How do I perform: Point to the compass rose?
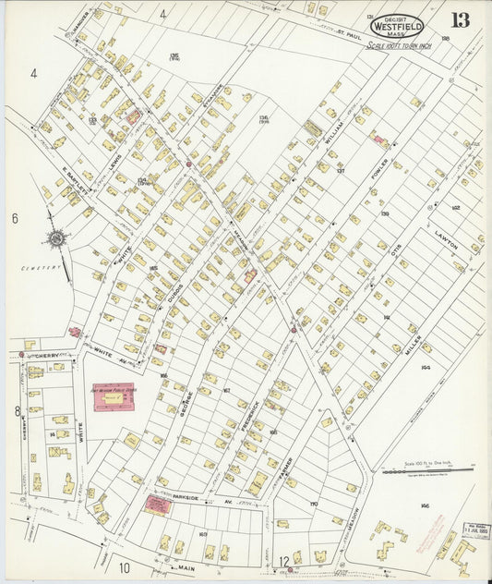click(x=56, y=238)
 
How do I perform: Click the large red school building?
click(x=113, y=396)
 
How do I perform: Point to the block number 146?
click(x=424, y=506)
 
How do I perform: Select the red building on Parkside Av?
click(x=158, y=505)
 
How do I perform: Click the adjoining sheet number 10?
click(x=124, y=567)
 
